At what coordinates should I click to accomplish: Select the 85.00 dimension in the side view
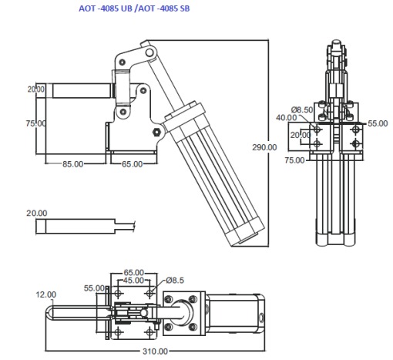tap(73, 163)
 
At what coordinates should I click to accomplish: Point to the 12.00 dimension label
tap(47, 294)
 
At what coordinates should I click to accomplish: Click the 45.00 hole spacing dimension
tap(134, 281)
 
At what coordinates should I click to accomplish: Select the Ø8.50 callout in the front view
tap(304, 110)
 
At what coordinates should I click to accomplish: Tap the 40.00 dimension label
tap(287, 118)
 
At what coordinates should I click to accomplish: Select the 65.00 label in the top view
tap(134, 273)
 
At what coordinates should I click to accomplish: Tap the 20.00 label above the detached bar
tap(36, 213)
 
